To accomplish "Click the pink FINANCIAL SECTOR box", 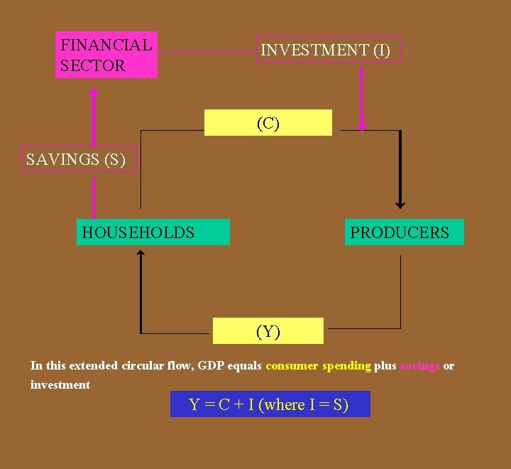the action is tap(106, 55).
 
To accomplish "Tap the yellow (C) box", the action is tap(268, 123).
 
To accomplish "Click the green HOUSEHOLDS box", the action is tap(153, 232).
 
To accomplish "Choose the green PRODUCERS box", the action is tap(404, 232).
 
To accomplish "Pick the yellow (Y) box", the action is tap(268, 331).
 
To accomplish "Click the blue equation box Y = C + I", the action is tap(270, 404).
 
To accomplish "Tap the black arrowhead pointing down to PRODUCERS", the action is tap(400, 204).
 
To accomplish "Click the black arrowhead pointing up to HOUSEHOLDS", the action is tap(141, 254).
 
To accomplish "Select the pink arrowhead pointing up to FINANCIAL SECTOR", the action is tap(93, 92).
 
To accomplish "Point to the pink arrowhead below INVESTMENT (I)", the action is tap(362, 126).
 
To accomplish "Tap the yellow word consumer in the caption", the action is tap(292, 366).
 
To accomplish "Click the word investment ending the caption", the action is tap(60, 385).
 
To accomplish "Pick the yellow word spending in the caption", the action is tap(346, 366).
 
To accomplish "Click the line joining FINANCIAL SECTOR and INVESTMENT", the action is tap(206, 51).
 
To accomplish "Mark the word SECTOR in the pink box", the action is tap(92, 66).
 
